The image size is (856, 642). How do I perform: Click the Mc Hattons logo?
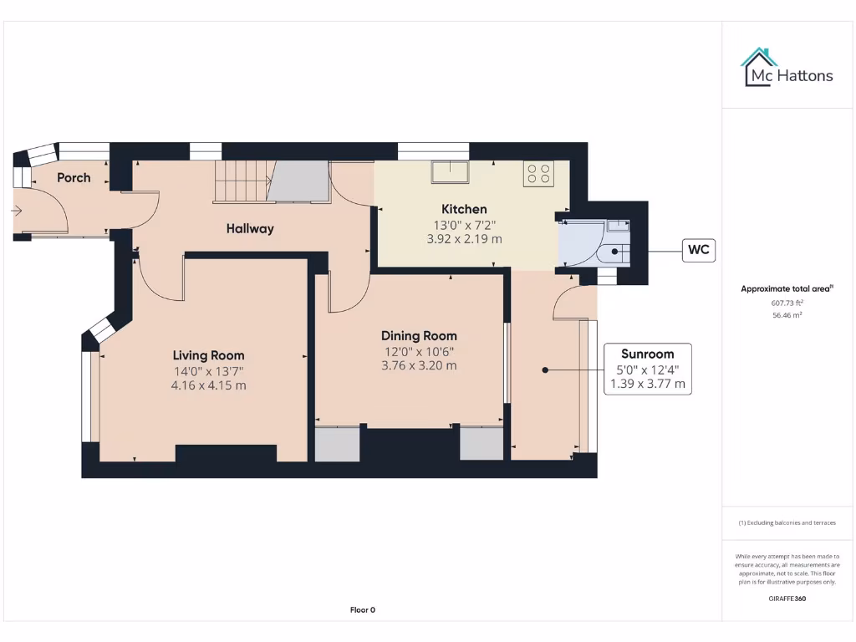(x=787, y=68)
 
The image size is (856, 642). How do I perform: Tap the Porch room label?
(x=74, y=177)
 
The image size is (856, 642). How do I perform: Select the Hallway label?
(x=249, y=228)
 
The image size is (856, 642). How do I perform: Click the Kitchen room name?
(x=464, y=209)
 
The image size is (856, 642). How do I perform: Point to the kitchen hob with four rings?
(x=538, y=173)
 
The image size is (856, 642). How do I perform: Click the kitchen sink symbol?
(x=450, y=171)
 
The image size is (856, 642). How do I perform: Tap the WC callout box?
(x=699, y=250)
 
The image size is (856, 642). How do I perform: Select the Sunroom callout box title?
(x=647, y=354)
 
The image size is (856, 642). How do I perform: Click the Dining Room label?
(x=419, y=335)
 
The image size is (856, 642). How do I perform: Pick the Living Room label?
(x=208, y=355)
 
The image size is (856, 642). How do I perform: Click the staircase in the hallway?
(x=240, y=181)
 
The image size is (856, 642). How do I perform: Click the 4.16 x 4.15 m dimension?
(x=208, y=385)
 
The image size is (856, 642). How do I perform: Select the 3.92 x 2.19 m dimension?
(x=464, y=238)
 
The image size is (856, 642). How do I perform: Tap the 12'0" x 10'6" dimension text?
(x=419, y=351)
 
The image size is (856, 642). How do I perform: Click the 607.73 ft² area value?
(x=787, y=303)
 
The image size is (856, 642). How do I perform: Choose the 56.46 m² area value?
(x=787, y=316)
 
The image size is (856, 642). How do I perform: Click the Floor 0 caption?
(x=362, y=610)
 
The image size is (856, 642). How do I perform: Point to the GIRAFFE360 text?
(x=787, y=599)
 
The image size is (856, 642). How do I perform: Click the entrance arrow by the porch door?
(x=17, y=211)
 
